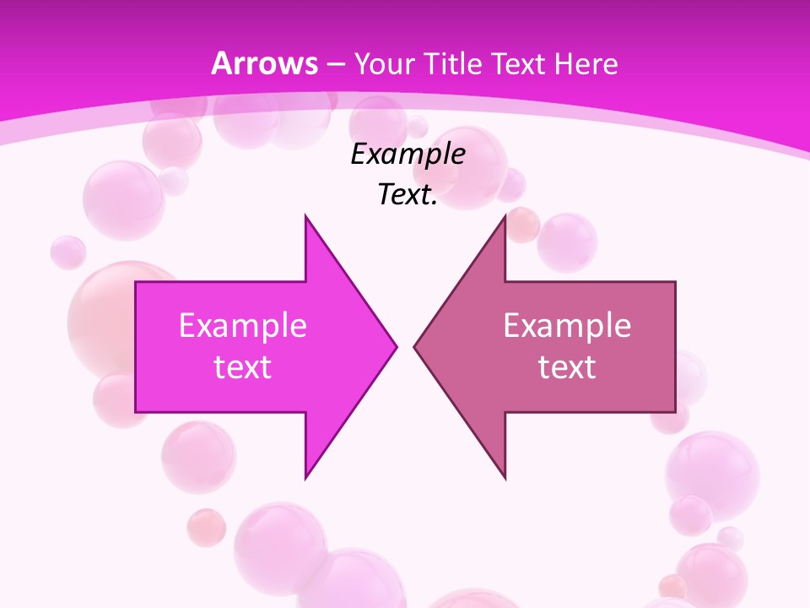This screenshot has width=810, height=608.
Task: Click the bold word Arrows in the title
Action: [x=264, y=63]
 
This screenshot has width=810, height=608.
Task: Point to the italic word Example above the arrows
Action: [x=408, y=154]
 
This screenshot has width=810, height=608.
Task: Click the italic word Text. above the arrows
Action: [x=408, y=195]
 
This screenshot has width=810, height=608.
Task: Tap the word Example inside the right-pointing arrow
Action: [x=243, y=325]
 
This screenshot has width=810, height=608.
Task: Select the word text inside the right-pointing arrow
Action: [x=243, y=366]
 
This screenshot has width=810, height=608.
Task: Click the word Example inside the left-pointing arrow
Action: [x=567, y=325]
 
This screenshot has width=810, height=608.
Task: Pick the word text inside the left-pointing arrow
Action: [x=567, y=366]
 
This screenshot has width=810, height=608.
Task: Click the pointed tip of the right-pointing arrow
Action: [x=396, y=346]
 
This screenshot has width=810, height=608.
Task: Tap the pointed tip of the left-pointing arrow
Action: [x=415, y=346]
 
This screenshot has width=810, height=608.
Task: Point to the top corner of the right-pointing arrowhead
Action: [x=305, y=216]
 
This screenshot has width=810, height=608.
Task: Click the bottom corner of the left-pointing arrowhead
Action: [x=505, y=478]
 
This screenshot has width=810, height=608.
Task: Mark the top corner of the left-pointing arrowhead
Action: [x=505, y=216]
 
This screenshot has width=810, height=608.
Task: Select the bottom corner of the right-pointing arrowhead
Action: [x=305, y=478]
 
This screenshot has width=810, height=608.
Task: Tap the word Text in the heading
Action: [x=521, y=63]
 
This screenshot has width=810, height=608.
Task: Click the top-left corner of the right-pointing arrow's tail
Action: [x=137, y=282]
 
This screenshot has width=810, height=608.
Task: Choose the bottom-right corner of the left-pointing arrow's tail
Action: [x=674, y=411]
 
